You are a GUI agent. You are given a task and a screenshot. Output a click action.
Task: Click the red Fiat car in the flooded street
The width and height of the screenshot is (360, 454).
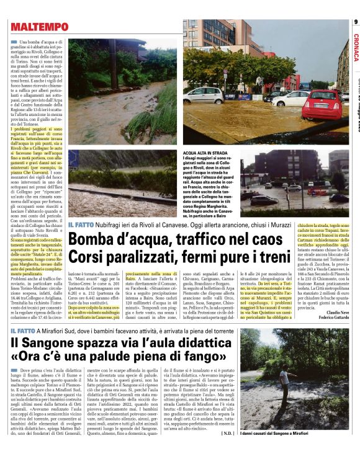click(x=321, y=104)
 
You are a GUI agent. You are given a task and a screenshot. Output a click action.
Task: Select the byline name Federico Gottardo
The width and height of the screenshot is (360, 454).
click(x=334, y=318)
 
